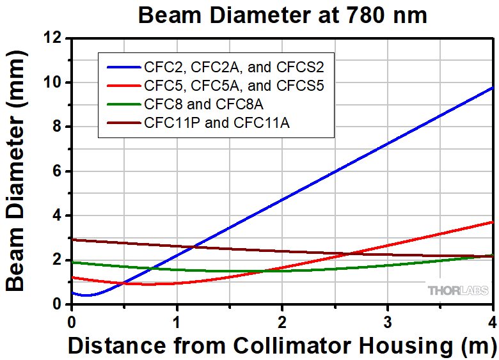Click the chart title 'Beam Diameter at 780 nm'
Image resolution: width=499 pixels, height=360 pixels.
[x=282, y=15]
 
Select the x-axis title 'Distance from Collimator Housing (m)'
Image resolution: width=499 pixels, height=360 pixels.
[x=282, y=346]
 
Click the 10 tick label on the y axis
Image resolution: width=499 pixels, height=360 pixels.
[x=56, y=82]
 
